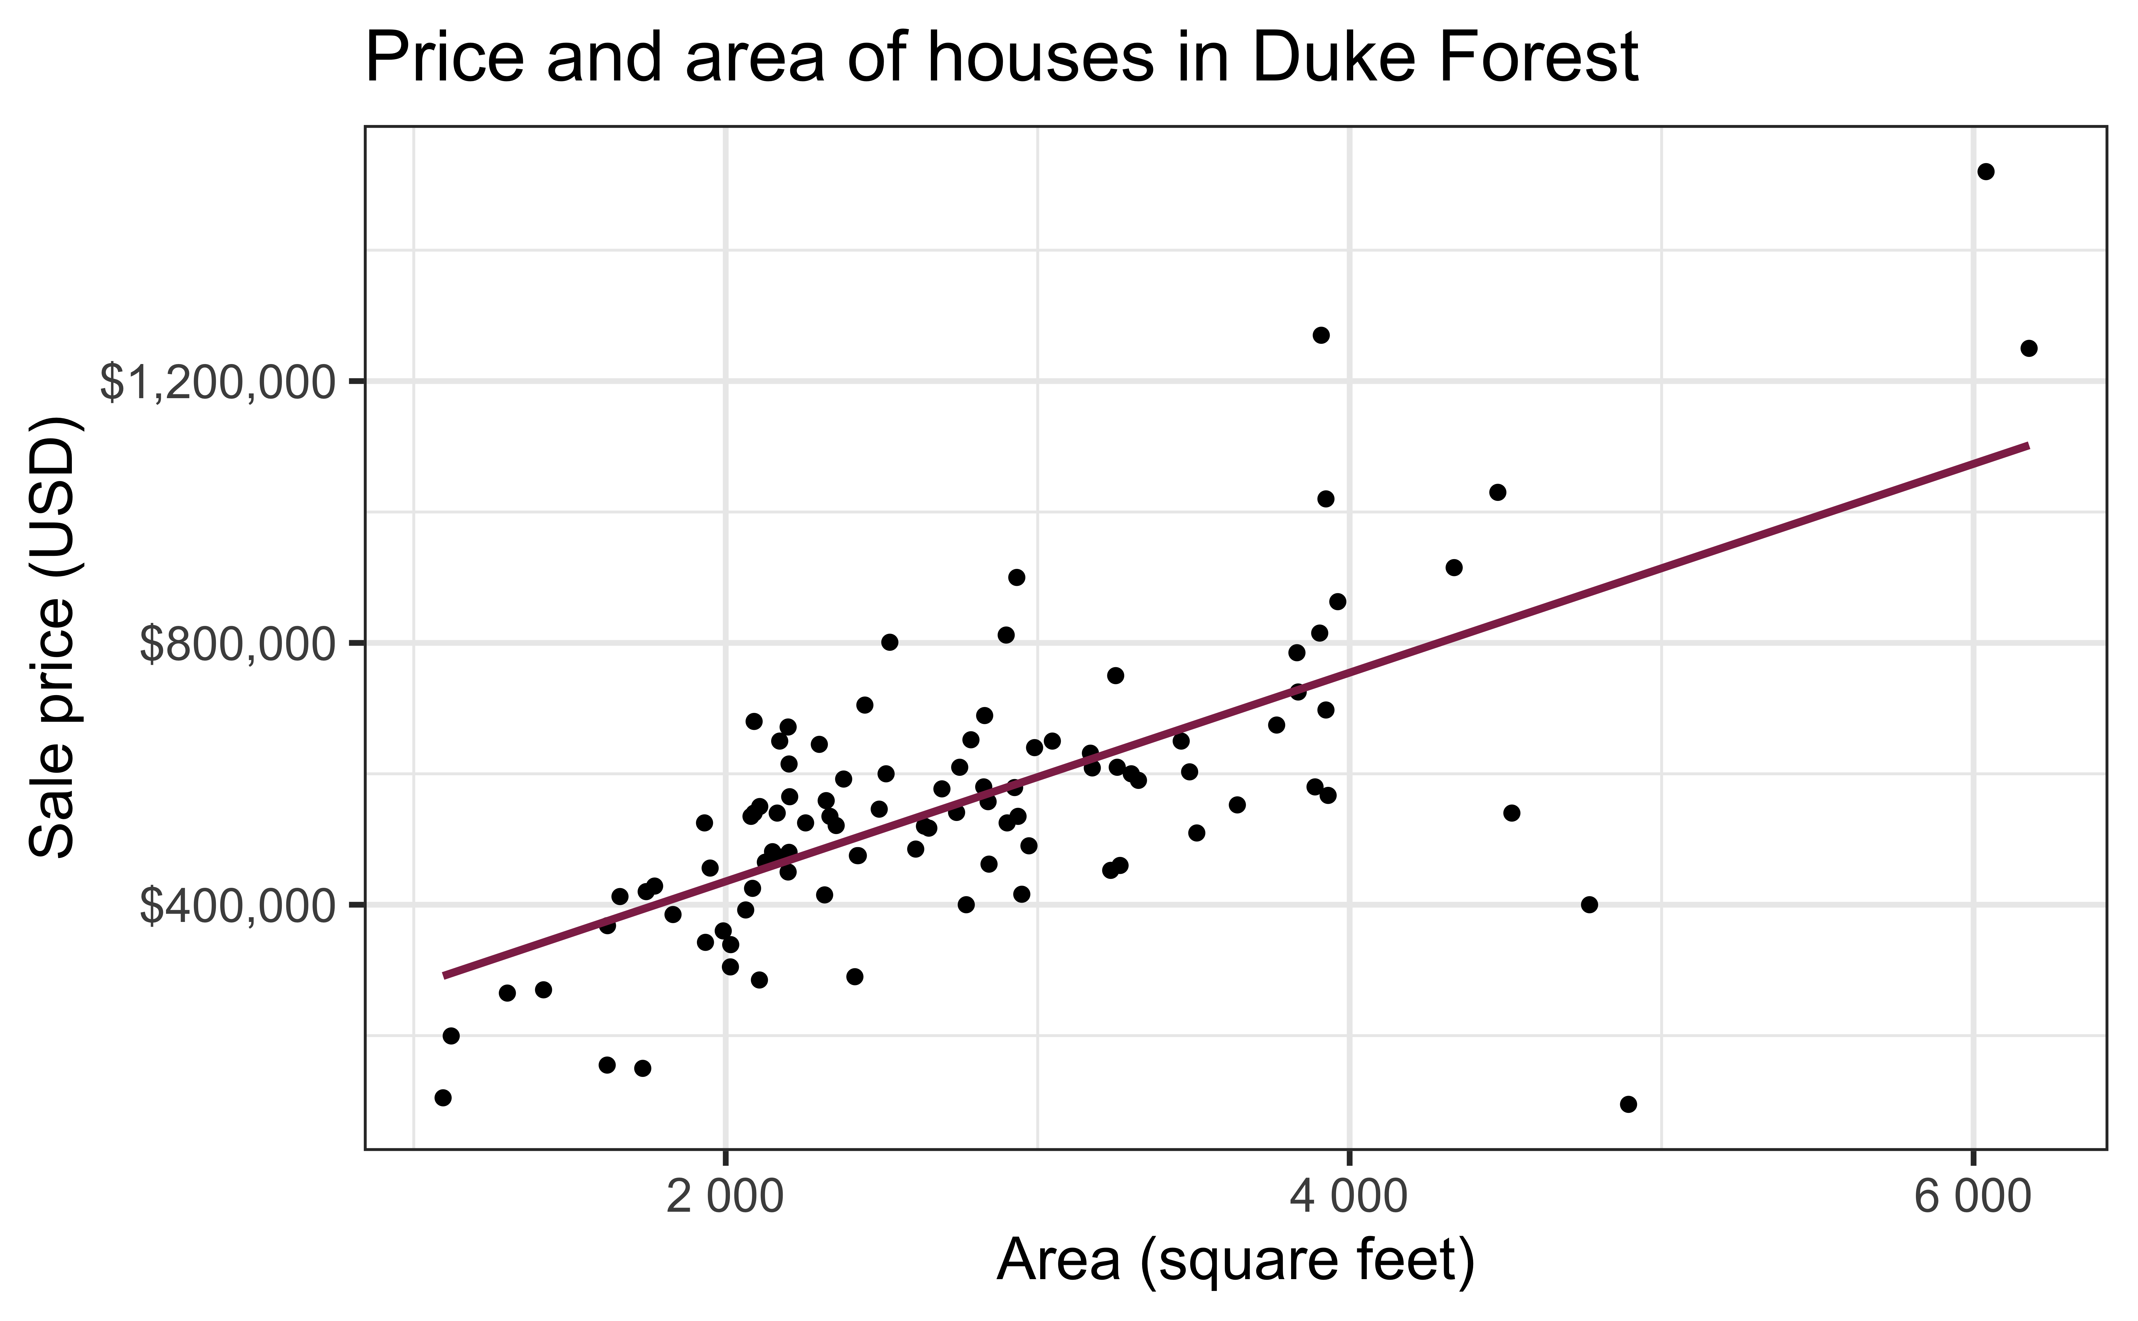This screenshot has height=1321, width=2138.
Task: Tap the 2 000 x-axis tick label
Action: pos(724,1197)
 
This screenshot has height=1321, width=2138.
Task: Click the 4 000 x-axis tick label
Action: pos(1349,1197)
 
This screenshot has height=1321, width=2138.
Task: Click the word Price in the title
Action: pos(444,58)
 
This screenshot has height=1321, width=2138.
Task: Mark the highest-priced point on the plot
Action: pos(1986,171)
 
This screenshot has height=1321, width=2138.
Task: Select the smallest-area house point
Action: pos(443,1097)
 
